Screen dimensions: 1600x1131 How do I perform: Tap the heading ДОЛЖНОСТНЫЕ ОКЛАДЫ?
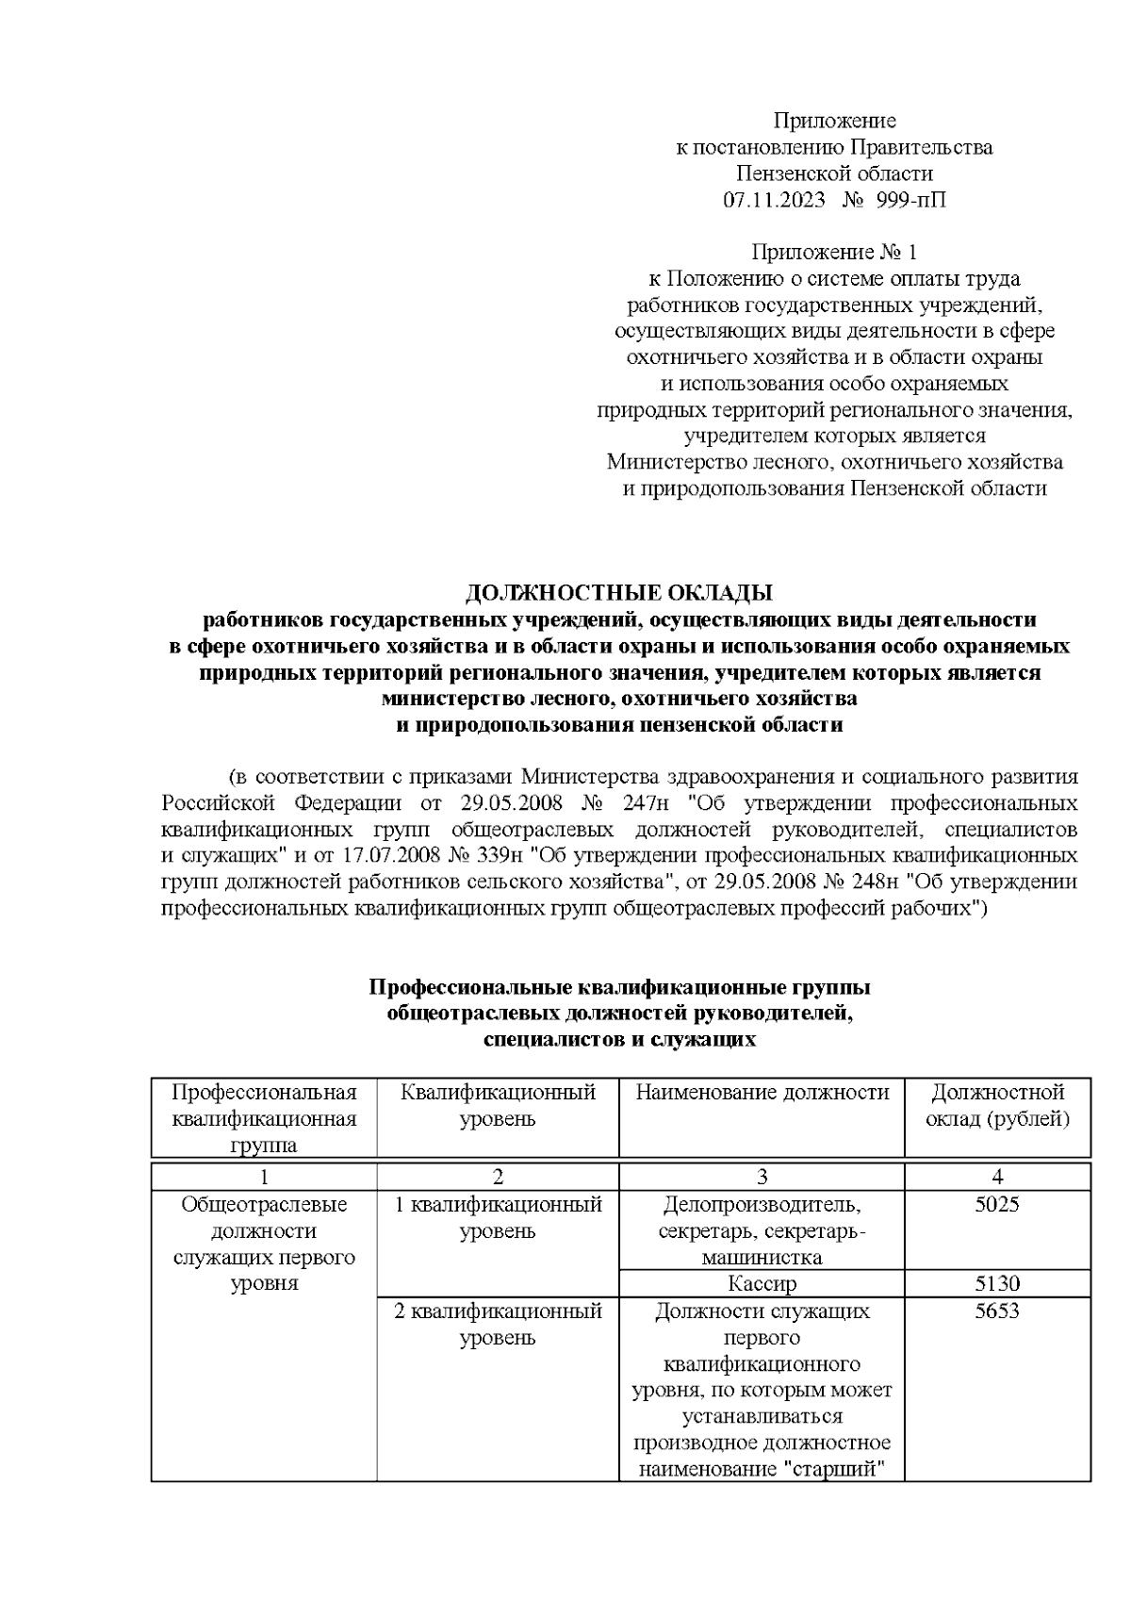(619, 593)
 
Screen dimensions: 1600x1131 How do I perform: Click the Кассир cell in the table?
(762, 1283)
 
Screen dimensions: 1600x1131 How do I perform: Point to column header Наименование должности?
(762, 1092)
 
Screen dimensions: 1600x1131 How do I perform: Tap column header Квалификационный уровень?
(498, 1105)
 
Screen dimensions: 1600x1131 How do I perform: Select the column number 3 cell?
(762, 1176)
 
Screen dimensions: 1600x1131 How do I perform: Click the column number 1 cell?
(264, 1176)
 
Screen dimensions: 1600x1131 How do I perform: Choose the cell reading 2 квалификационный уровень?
(498, 1324)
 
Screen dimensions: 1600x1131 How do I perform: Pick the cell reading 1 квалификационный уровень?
(498, 1217)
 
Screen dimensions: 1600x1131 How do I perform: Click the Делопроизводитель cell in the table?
(762, 1204)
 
